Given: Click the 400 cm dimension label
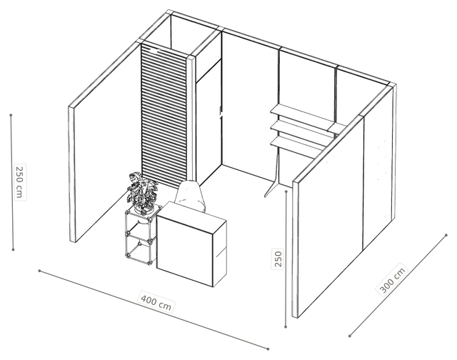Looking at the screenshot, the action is pyautogui.click(x=156, y=301).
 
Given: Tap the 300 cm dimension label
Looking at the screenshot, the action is pyautogui.click(x=393, y=280).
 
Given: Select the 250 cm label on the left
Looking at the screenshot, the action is pyautogui.click(x=19, y=182).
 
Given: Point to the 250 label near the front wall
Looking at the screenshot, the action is pyautogui.click(x=278, y=259).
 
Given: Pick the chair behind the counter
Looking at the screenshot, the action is pyautogui.click(x=191, y=196).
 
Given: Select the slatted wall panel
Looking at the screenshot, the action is pyautogui.click(x=164, y=116).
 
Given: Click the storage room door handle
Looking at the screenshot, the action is pyautogui.click(x=221, y=113).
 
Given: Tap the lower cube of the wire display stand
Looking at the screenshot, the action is pyautogui.click(x=140, y=248).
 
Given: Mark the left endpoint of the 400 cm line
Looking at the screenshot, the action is pyautogui.click(x=39, y=271).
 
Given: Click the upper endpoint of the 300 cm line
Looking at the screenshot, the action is pyautogui.click(x=446, y=235).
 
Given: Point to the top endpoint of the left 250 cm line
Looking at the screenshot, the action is pyautogui.click(x=11, y=115).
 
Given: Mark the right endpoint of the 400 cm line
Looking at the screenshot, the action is pyautogui.click(x=268, y=349).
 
